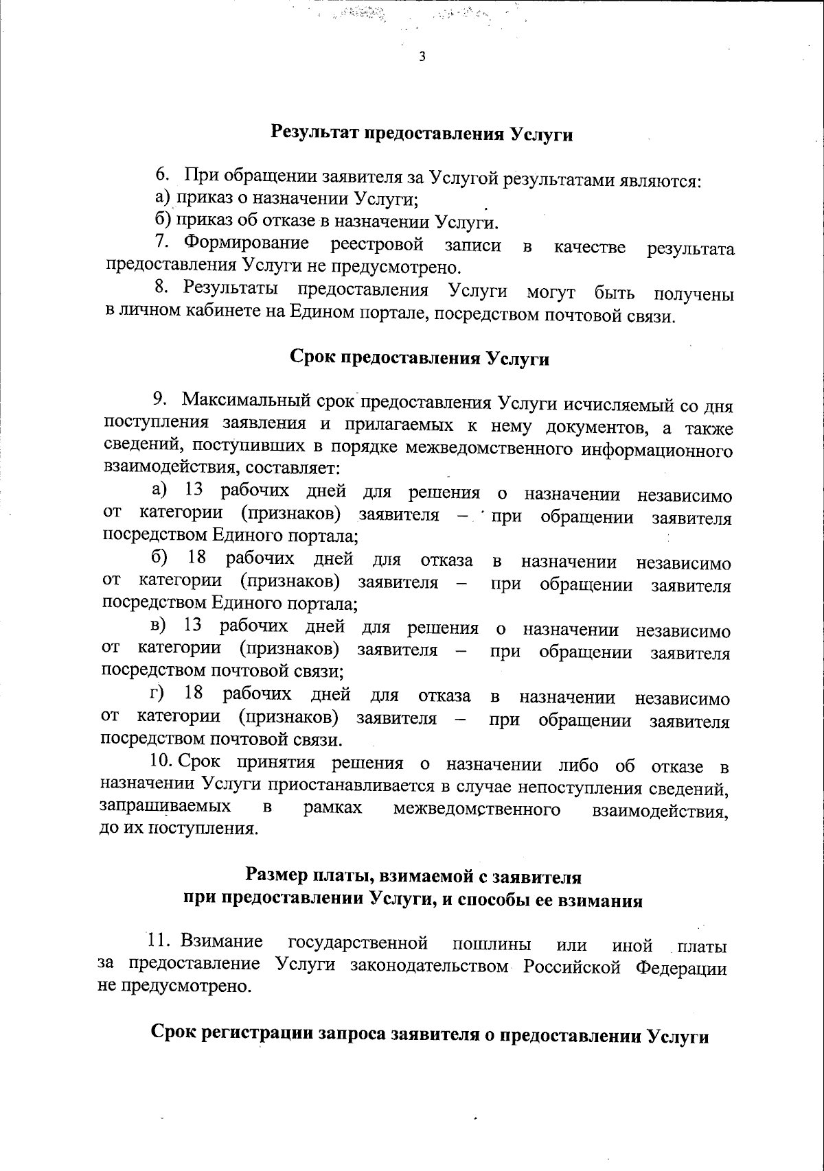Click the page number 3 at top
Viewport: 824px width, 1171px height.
coord(422,57)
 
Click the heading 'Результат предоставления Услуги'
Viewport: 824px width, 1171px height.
coord(422,134)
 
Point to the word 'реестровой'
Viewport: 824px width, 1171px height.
coord(376,245)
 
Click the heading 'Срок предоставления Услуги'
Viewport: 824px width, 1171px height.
coord(419,358)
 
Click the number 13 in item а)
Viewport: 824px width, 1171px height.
coord(194,491)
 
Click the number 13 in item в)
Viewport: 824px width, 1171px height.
coord(193,626)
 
